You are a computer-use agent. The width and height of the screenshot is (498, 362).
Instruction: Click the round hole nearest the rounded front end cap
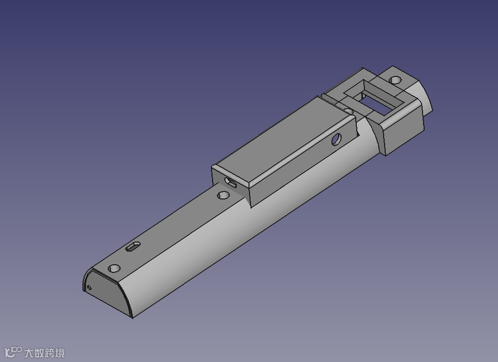tap(114, 268)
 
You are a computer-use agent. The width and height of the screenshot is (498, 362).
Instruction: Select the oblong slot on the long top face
tap(133, 246)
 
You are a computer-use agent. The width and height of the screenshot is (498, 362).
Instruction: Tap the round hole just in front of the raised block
tap(223, 195)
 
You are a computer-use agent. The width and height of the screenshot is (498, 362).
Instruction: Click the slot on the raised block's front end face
tap(230, 183)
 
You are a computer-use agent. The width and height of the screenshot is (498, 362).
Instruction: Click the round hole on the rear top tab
tap(396, 80)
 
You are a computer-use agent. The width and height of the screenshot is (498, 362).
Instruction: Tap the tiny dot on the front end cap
tap(89, 288)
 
